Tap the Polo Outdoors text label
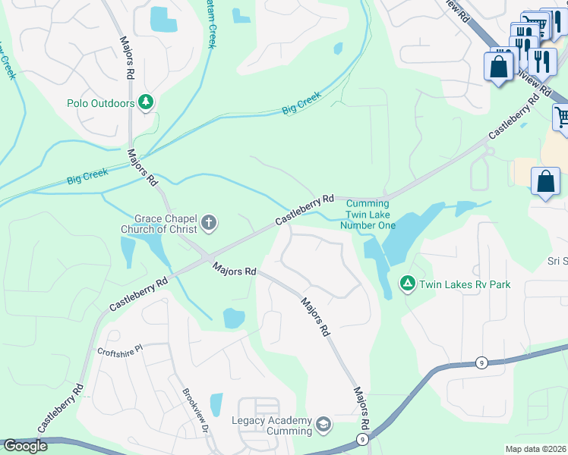click(100, 103)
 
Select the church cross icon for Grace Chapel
click(209, 224)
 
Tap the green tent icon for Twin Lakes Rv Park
click(408, 284)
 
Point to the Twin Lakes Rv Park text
click(465, 285)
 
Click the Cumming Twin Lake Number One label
click(368, 214)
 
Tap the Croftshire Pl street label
click(120, 352)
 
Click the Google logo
click(25, 446)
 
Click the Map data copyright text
click(535, 449)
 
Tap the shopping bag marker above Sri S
click(545, 182)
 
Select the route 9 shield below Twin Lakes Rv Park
click(482, 362)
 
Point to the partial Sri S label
click(557, 262)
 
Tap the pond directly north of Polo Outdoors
click(161, 20)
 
